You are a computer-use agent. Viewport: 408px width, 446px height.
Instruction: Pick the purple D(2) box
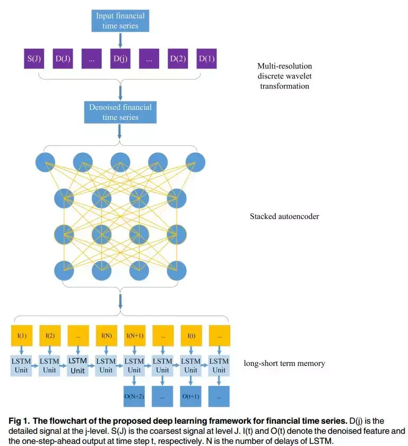click(x=178, y=58)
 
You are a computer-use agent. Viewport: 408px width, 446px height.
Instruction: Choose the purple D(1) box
click(x=207, y=58)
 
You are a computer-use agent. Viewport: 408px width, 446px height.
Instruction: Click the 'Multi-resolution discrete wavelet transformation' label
click(x=284, y=76)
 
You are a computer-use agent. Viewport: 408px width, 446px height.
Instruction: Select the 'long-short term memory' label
click(x=284, y=363)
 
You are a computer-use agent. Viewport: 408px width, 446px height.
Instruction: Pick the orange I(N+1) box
click(x=134, y=336)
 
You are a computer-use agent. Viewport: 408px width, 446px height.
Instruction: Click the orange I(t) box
click(x=191, y=336)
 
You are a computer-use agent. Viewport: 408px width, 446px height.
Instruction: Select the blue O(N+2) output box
click(x=134, y=396)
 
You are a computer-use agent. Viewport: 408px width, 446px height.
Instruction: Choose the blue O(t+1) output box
click(x=191, y=396)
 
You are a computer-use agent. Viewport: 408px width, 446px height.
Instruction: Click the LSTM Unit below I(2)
click(x=49, y=365)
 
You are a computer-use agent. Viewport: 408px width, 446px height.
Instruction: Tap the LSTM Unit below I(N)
click(x=106, y=365)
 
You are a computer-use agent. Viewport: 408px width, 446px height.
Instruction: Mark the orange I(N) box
click(x=106, y=336)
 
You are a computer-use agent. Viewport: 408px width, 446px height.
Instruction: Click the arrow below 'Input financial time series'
click(x=120, y=40)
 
